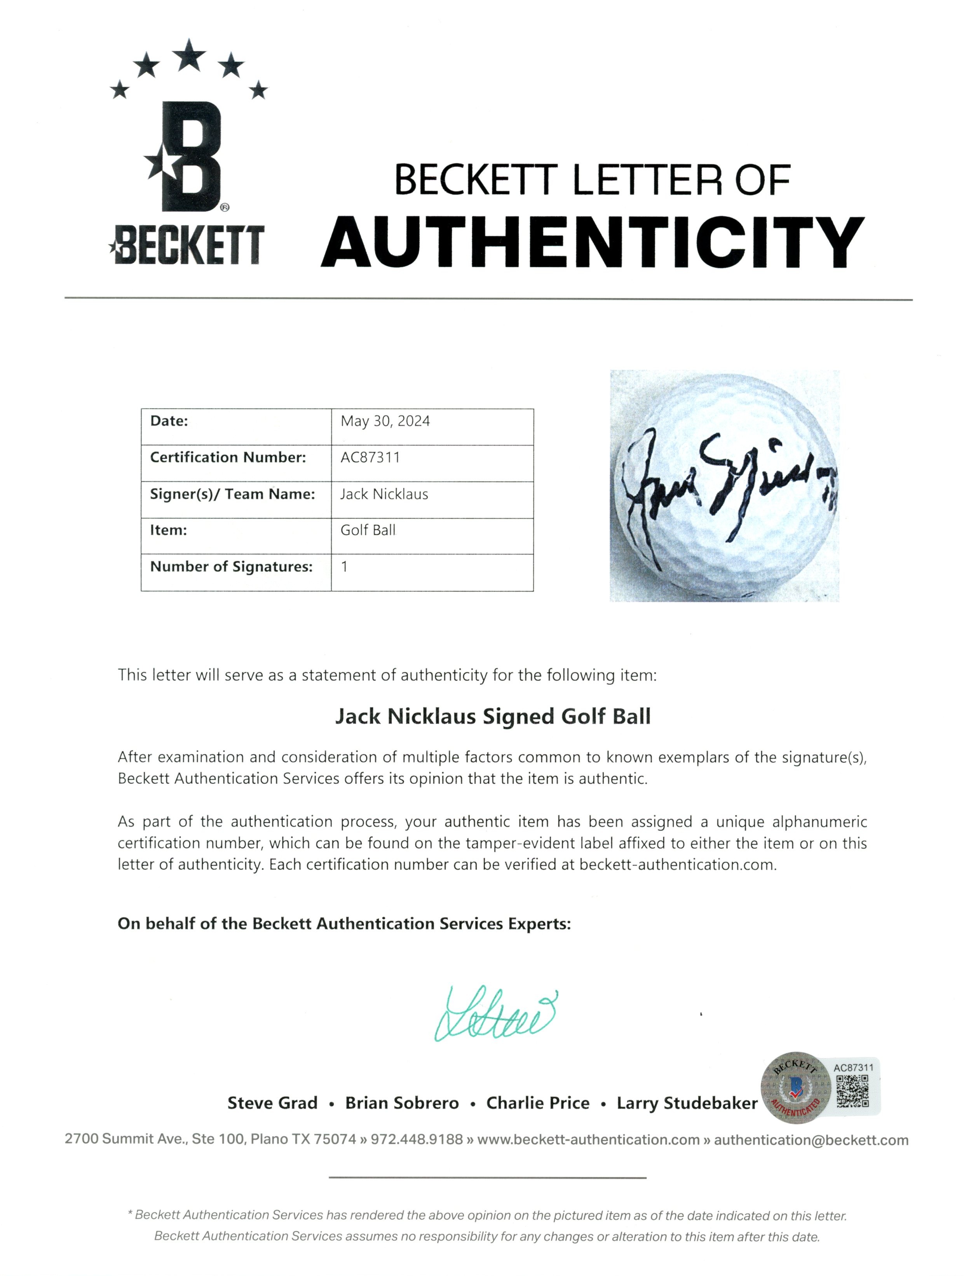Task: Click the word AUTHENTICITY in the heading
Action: click(x=593, y=242)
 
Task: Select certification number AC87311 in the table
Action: click(x=370, y=458)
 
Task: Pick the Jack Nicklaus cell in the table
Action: click(x=384, y=494)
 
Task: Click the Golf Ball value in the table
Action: click(x=368, y=530)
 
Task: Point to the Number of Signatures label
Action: click(x=231, y=566)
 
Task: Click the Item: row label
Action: click(x=169, y=530)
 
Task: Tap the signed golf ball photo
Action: click(x=724, y=486)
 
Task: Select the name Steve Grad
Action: click(x=272, y=1103)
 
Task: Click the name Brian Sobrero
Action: click(x=402, y=1103)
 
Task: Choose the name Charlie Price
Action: click(x=538, y=1103)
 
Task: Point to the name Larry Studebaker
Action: click(x=687, y=1103)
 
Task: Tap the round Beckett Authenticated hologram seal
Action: click(x=795, y=1087)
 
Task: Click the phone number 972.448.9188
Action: click(x=417, y=1139)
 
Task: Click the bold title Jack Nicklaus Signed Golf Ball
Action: click(x=493, y=716)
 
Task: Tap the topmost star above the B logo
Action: click(x=189, y=56)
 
